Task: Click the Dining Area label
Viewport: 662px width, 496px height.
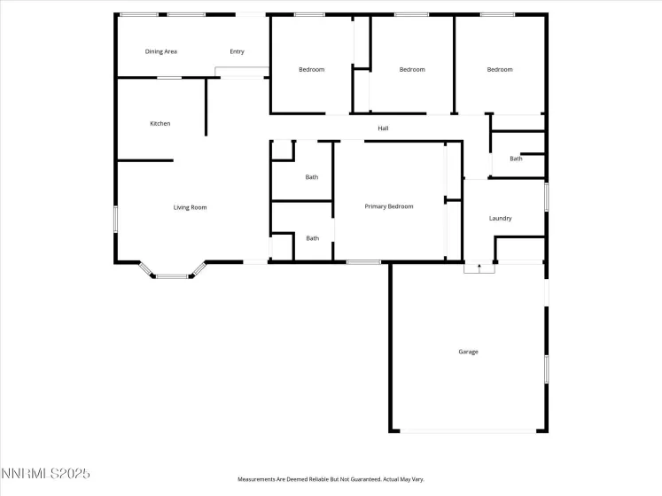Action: (x=161, y=51)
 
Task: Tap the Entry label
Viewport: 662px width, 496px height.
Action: (x=237, y=51)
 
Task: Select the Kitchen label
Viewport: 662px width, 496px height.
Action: (x=160, y=123)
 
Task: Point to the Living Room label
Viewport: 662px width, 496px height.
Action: (x=190, y=207)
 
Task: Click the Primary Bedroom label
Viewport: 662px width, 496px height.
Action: (x=389, y=206)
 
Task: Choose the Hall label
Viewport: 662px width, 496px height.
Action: (x=383, y=128)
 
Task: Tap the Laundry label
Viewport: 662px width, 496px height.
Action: (x=501, y=218)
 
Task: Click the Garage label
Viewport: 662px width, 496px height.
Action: (x=468, y=352)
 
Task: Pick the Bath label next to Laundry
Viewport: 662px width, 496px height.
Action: (x=516, y=159)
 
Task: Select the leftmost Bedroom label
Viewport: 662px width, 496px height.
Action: (x=311, y=69)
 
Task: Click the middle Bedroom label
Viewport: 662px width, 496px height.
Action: (x=412, y=69)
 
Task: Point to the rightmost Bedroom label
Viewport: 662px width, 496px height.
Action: (x=500, y=69)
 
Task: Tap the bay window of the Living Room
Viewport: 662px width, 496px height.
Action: (x=173, y=275)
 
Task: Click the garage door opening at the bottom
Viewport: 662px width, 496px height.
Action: (x=468, y=431)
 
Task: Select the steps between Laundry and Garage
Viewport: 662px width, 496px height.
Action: (x=478, y=267)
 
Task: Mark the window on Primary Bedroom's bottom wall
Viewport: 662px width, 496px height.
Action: (x=363, y=261)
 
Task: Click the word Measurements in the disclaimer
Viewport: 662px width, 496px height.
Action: (x=256, y=479)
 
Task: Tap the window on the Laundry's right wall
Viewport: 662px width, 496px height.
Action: (x=546, y=197)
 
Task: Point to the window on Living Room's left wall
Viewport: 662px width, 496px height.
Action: (x=115, y=219)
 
